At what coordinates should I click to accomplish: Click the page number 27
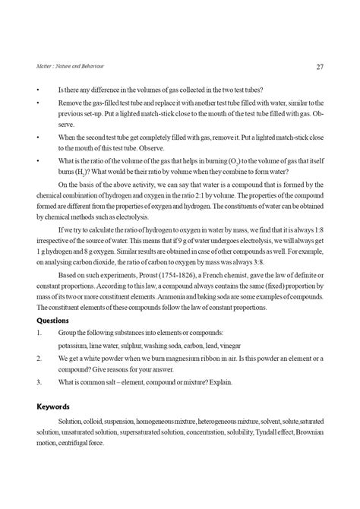[320, 66]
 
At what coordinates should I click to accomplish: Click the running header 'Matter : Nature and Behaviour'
[67, 67]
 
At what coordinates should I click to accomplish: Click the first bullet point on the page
[36, 90]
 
